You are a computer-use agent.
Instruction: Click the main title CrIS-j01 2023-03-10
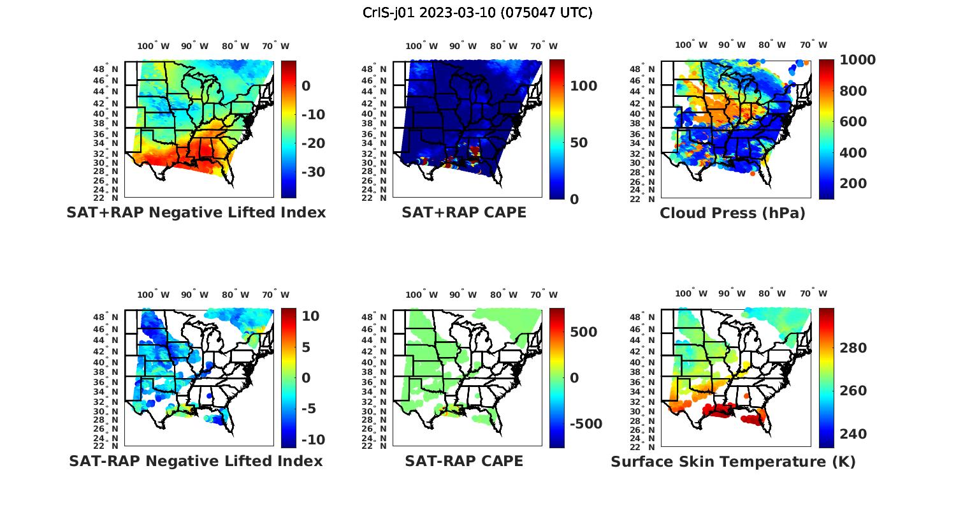point(477,12)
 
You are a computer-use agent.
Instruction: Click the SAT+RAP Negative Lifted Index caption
point(196,212)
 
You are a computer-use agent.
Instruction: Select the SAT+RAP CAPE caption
point(464,212)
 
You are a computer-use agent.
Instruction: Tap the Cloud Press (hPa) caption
point(732,213)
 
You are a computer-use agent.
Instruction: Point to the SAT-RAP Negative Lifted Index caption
point(196,461)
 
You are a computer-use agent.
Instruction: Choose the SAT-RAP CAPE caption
point(464,461)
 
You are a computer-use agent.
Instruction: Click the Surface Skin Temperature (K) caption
point(733,462)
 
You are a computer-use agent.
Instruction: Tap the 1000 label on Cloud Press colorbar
point(858,60)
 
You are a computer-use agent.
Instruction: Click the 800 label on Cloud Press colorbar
point(853,91)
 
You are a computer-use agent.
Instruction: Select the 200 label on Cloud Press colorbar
point(853,184)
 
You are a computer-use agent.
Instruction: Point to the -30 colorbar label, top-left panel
point(313,172)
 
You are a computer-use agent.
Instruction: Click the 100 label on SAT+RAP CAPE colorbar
point(583,86)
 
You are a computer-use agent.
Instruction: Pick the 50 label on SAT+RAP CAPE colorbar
point(579,143)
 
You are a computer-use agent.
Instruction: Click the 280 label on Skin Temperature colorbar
point(853,348)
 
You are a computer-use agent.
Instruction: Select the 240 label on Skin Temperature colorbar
point(853,434)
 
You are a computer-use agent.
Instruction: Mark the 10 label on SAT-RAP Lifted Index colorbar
point(310,316)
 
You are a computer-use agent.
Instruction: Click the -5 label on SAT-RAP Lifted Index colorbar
point(308,409)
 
